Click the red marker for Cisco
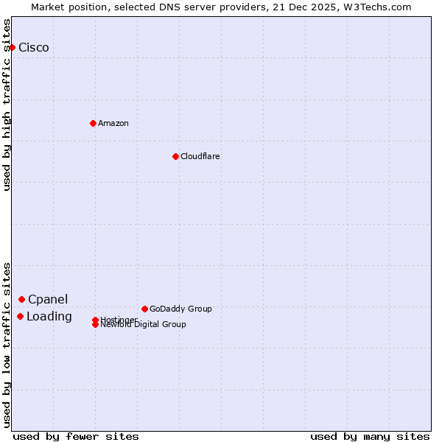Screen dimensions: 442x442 click(x=12, y=47)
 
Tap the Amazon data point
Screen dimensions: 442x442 click(x=93, y=123)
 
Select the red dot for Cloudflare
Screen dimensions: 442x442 click(x=175, y=156)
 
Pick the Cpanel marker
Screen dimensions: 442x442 click(x=22, y=299)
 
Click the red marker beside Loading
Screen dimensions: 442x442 click(x=20, y=316)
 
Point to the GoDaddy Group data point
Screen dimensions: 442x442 click(x=144, y=309)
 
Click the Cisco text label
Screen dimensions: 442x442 click(x=34, y=48)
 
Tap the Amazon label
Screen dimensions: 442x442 click(x=113, y=123)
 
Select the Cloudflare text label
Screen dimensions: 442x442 click(x=200, y=156)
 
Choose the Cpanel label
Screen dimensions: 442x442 click(x=48, y=299)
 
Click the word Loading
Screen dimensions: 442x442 click(x=49, y=317)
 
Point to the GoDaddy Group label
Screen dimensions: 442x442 click(x=180, y=309)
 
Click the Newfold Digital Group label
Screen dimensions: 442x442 click(x=144, y=325)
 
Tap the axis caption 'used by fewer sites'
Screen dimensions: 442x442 click(x=76, y=436)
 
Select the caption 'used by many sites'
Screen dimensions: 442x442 click(x=370, y=436)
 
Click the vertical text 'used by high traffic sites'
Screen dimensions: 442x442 click(x=7, y=105)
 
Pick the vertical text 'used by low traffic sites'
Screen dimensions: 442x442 click(x=7, y=344)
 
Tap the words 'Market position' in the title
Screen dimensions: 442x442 click(x=64, y=7)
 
